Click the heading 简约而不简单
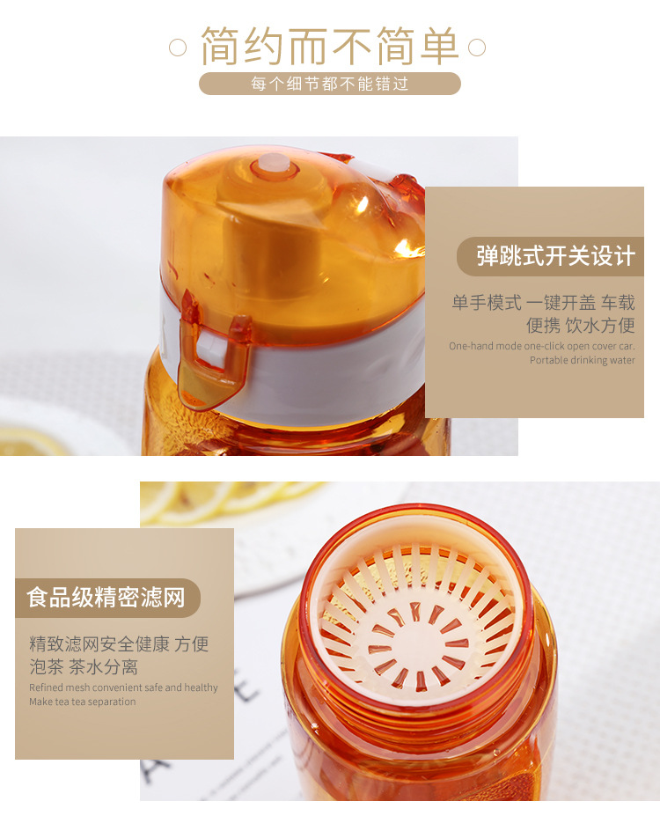329,47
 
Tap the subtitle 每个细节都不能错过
329,85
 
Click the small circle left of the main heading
178,47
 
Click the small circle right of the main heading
477,47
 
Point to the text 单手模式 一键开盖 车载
543,303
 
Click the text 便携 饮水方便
580,325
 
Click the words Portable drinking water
582,360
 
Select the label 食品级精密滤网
106,599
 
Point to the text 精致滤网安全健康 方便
119,644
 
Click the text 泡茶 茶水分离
84,666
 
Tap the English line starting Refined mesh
123,687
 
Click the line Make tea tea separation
83,702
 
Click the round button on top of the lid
272,164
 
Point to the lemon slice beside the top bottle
31,440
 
